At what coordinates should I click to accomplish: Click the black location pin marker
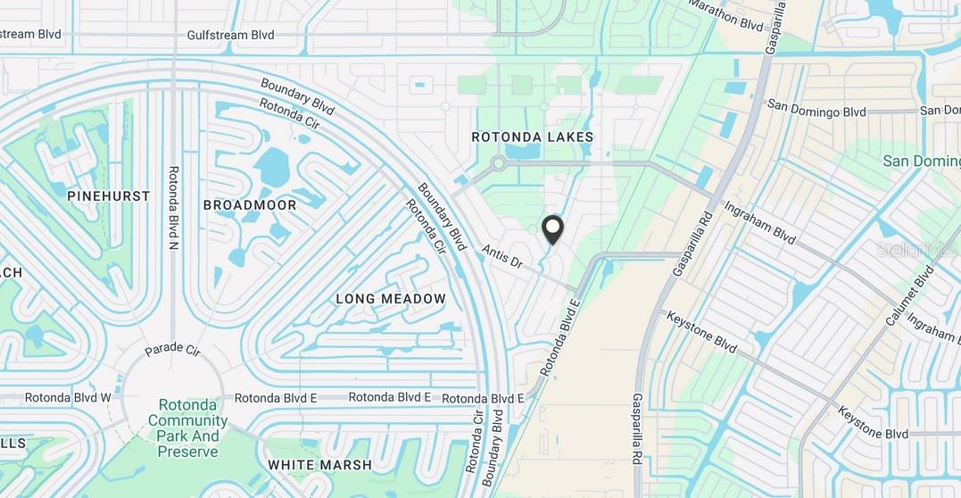(x=553, y=230)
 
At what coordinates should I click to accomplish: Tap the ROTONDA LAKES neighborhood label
(x=533, y=137)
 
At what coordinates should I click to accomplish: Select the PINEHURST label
(x=108, y=195)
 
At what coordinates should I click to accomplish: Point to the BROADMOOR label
(x=250, y=204)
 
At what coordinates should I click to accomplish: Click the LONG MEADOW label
(x=391, y=298)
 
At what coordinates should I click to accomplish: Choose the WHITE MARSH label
(x=320, y=465)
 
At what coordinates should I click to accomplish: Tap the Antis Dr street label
(x=501, y=257)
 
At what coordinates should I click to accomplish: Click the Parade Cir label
(x=173, y=348)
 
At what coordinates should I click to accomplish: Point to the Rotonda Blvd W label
(x=68, y=397)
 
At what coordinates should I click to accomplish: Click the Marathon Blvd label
(x=726, y=15)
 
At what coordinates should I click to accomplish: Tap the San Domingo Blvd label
(x=816, y=110)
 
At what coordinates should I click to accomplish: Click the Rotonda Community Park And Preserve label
(x=188, y=427)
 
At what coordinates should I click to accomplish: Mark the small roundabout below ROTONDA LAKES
(x=498, y=164)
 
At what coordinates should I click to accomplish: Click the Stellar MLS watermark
(x=916, y=250)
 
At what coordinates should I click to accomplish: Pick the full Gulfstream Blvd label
(x=230, y=35)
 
